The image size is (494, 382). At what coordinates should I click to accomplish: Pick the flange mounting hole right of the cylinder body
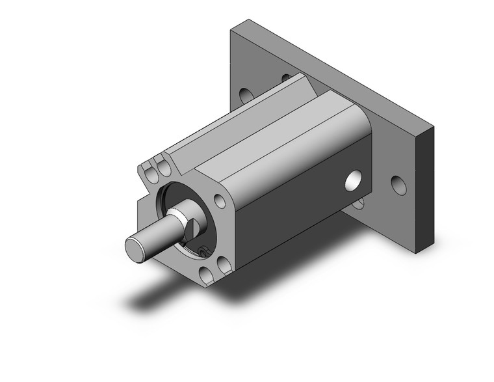click(398, 185)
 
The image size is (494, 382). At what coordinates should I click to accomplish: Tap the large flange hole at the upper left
click(246, 95)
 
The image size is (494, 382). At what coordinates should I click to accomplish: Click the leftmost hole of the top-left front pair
click(153, 171)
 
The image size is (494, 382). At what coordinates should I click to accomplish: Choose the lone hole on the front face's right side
click(220, 201)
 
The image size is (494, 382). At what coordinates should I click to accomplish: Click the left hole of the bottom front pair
click(207, 276)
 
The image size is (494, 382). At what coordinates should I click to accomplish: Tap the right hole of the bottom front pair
click(224, 265)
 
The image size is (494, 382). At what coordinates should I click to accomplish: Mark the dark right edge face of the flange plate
click(426, 189)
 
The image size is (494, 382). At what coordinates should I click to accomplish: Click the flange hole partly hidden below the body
click(357, 204)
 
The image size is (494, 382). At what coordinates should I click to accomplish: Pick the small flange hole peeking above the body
click(285, 79)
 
